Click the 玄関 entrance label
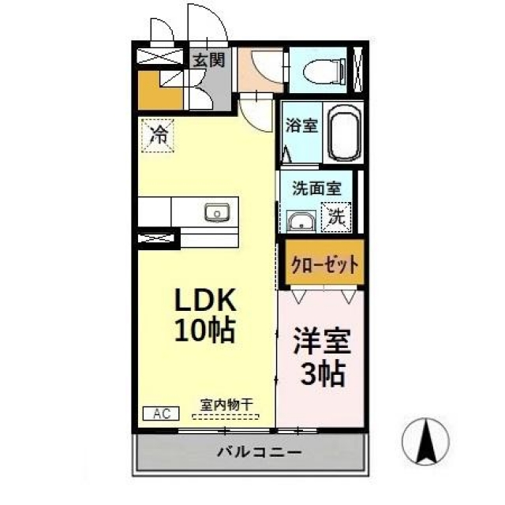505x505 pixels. [209, 60]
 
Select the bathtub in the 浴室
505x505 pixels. [343, 135]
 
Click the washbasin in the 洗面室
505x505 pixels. [301, 222]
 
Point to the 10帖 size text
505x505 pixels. [205, 331]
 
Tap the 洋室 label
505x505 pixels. [321, 344]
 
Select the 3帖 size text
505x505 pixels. [321, 373]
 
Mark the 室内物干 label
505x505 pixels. [226, 403]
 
